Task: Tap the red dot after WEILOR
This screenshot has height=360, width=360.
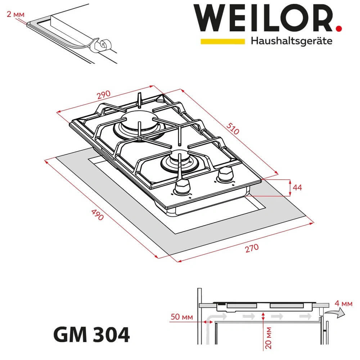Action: tap(338, 27)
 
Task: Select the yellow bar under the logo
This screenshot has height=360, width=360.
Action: tap(222, 41)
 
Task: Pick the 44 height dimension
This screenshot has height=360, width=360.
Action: tap(297, 188)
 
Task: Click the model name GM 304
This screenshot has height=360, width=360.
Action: tap(91, 335)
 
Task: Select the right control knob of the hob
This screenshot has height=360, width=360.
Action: tap(225, 175)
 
